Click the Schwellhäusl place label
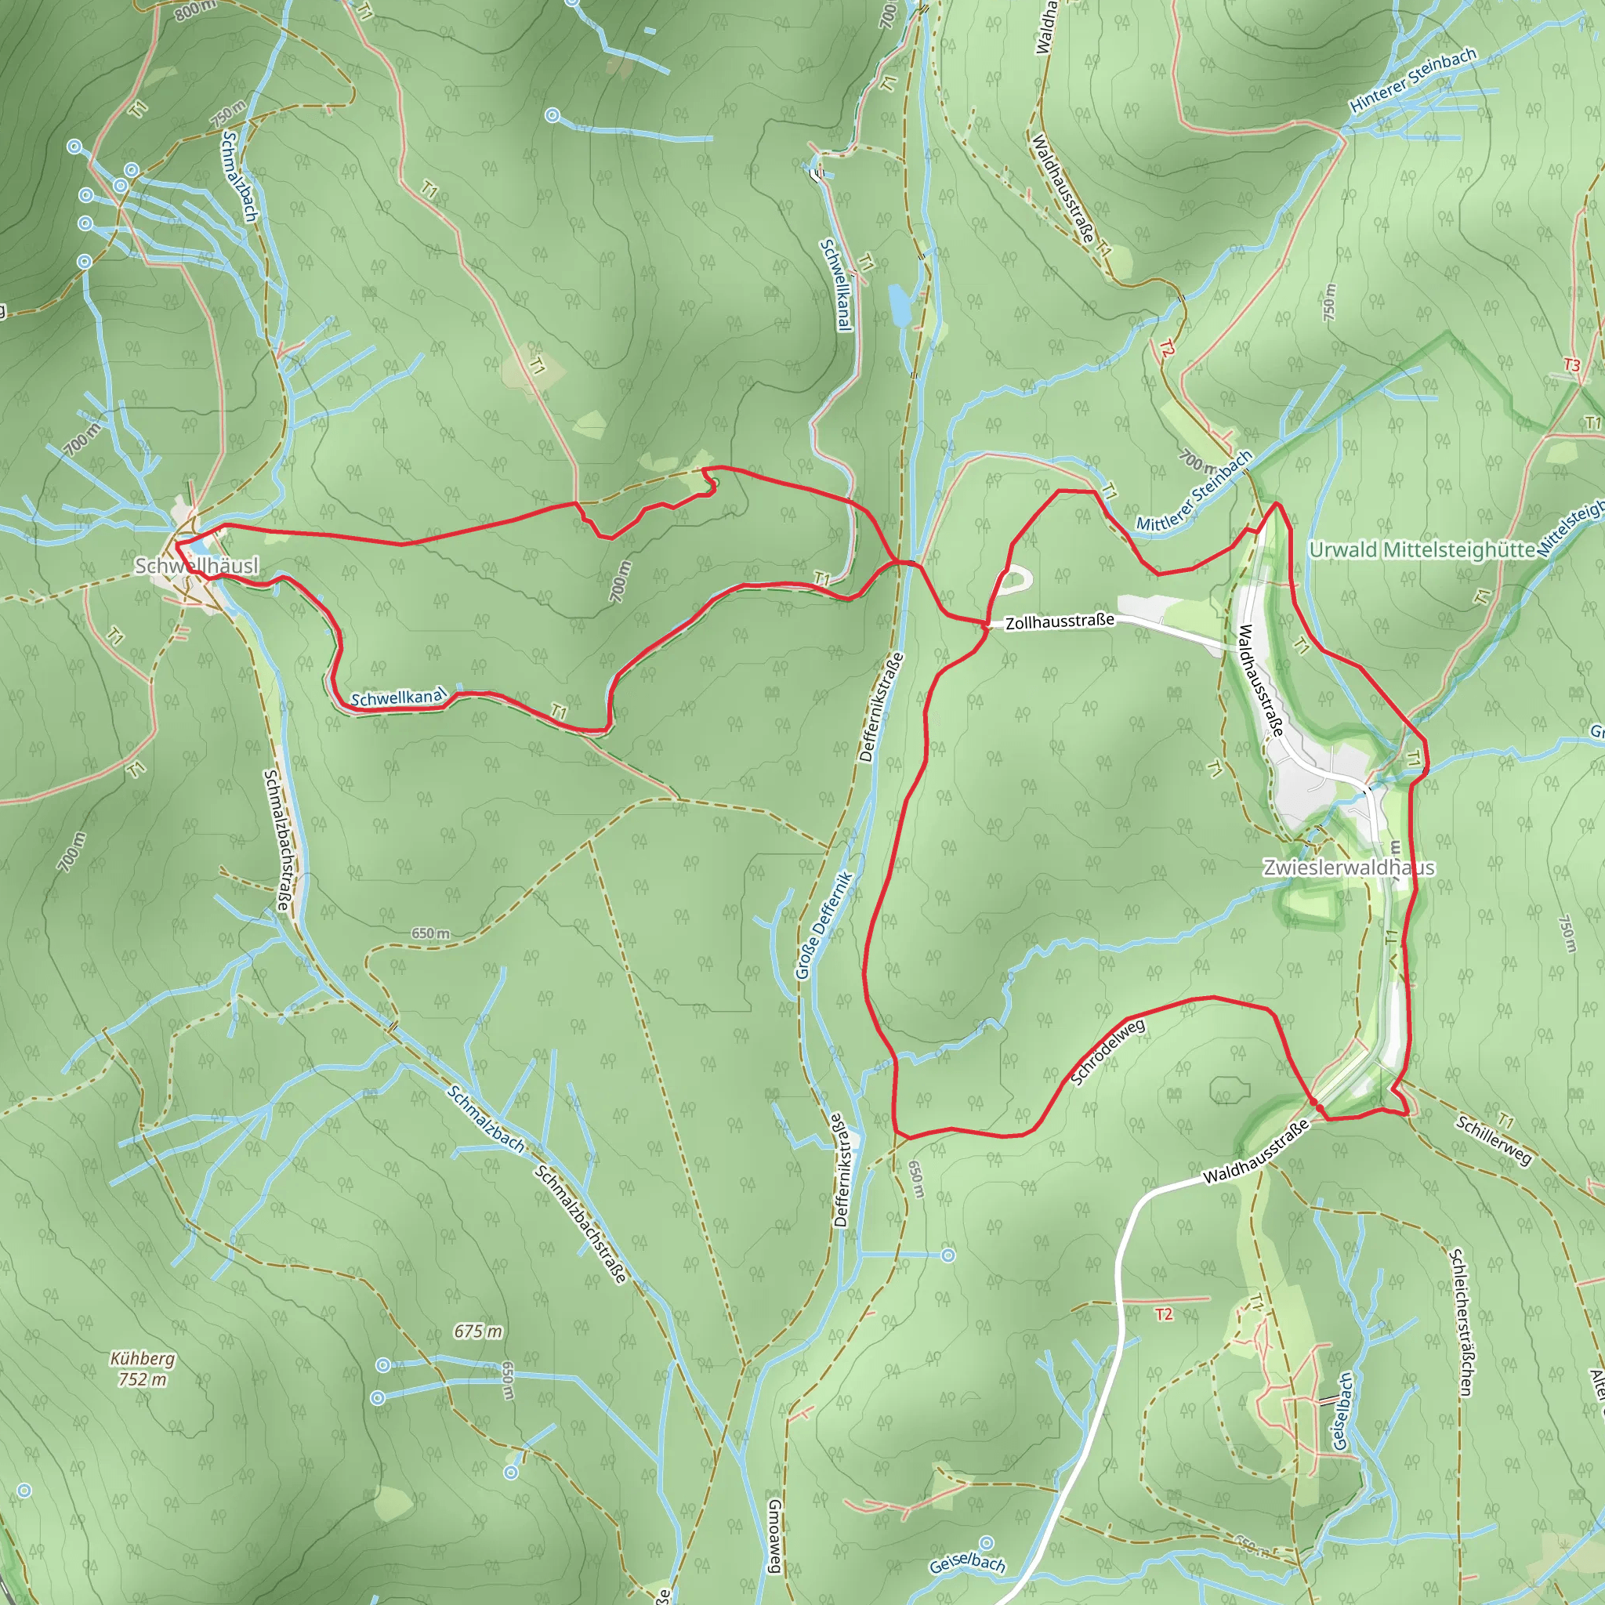(x=197, y=566)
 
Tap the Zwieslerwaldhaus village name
(x=1348, y=868)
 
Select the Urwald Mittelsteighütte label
(x=1422, y=550)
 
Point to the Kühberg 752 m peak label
(x=143, y=1369)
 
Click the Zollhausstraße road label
(x=1060, y=621)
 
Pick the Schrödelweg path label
(x=1108, y=1052)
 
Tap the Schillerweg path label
(x=1493, y=1140)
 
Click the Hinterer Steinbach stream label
(x=1413, y=80)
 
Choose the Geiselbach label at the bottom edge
(x=967, y=1563)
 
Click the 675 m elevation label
(x=478, y=1331)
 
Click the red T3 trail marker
(x=1571, y=364)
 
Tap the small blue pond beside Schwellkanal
(x=899, y=305)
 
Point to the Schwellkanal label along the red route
(x=398, y=697)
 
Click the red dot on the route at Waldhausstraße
(x=1315, y=1103)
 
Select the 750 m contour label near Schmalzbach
(x=227, y=114)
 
